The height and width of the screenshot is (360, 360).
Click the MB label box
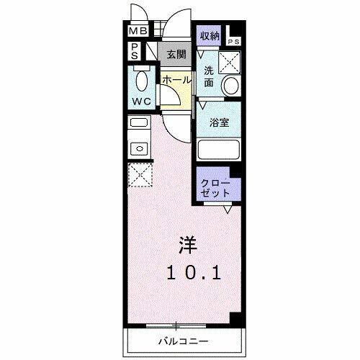138,32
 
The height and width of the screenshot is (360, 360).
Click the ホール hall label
176,80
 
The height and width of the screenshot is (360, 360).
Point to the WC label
140,102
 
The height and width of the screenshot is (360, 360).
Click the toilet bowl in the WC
140,78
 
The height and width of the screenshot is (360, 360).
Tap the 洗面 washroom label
208,76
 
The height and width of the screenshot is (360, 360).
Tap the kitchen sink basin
138,148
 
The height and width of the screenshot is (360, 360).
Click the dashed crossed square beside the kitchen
138,174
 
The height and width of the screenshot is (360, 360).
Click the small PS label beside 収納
234,42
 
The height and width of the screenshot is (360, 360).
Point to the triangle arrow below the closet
227,210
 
